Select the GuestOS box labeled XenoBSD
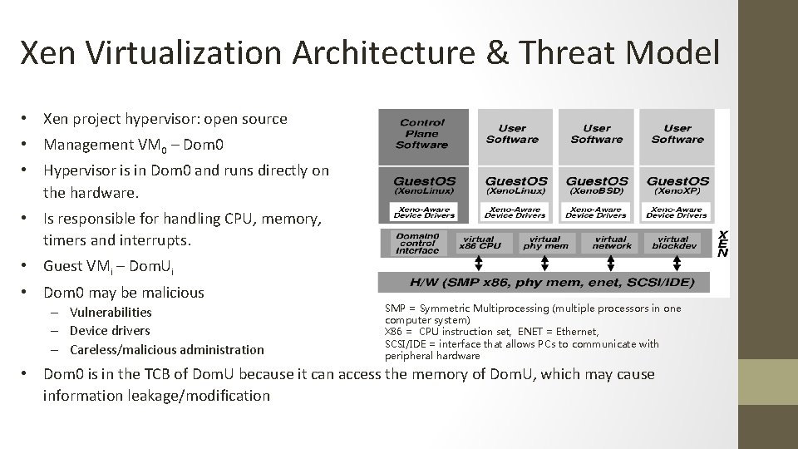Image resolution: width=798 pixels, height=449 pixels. (596, 185)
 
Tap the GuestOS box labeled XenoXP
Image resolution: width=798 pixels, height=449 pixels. (677, 185)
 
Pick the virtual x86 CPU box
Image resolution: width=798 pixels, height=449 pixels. (480, 242)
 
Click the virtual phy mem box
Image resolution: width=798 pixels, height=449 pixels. (545, 242)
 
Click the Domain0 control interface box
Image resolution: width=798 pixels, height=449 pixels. (417, 242)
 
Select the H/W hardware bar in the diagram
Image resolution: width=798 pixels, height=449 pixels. (544, 282)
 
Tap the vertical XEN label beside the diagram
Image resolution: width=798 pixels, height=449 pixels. (723, 243)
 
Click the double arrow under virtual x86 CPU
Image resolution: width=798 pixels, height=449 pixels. (480, 263)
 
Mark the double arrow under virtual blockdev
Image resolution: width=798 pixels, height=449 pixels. (677, 263)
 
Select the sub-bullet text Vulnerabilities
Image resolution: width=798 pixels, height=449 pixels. (111, 313)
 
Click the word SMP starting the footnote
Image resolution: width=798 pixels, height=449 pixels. (395, 308)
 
